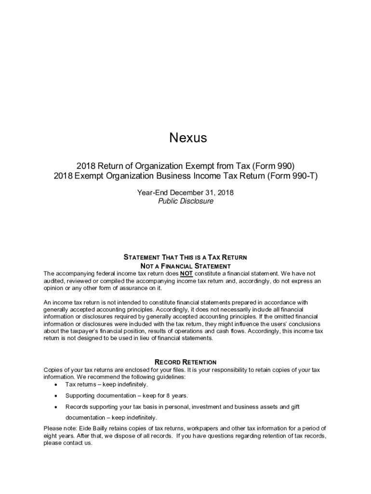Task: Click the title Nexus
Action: coord(188,138)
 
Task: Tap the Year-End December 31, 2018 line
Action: coord(185,192)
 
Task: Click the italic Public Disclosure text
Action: coord(185,201)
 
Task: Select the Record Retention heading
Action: coord(185,362)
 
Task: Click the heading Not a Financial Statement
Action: coord(185,266)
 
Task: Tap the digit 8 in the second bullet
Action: coord(167,396)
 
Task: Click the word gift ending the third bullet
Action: coord(294,407)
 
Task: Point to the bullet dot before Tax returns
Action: coord(57,384)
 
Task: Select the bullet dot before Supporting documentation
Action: coord(57,396)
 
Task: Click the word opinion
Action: coord(54,288)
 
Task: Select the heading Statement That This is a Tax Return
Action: coord(185,257)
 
